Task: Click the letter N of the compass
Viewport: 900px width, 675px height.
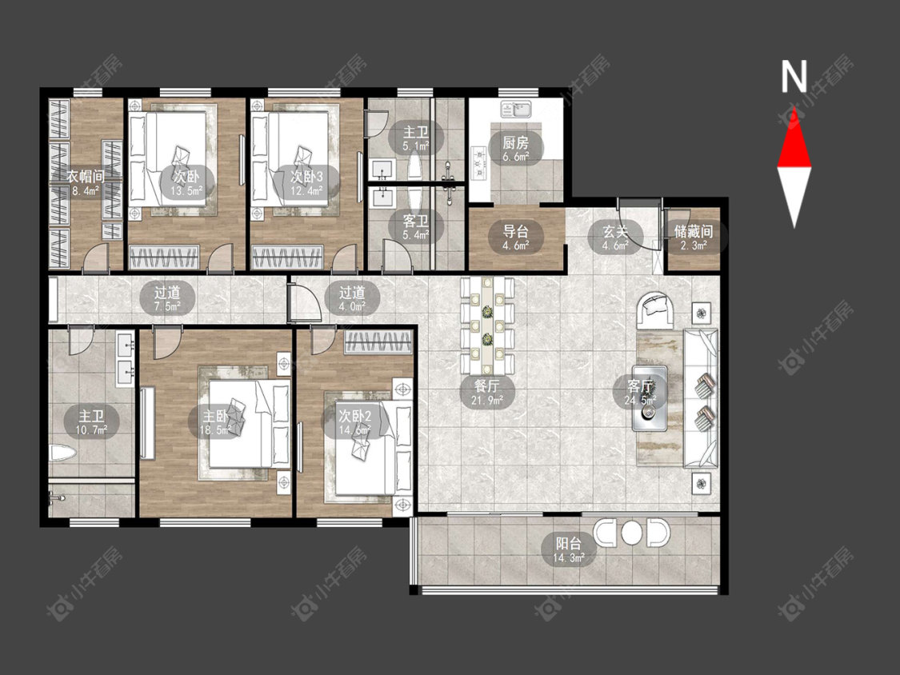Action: [794, 77]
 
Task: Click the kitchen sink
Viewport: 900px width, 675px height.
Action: [517, 109]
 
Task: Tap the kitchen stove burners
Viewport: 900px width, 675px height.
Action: [478, 162]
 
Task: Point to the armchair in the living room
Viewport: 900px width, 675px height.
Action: [655, 310]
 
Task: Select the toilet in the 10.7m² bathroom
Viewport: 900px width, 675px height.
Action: [61, 453]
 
